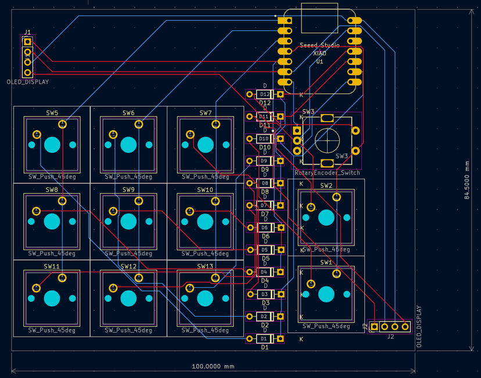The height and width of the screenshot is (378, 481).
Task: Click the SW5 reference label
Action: (x=52, y=113)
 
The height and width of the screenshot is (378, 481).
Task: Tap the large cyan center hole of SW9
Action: (x=128, y=222)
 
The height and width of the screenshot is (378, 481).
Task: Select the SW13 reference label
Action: (x=205, y=266)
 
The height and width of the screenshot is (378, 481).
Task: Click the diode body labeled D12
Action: (x=265, y=94)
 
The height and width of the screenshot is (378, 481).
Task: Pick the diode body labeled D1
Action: (x=264, y=338)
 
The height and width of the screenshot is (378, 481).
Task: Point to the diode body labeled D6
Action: (x=264, y=227)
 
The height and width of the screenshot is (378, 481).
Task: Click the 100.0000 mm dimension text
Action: (x=213, y=366)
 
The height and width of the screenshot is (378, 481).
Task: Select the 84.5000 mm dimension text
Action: (x=467, y=181)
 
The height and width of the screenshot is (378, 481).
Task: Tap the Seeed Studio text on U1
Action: (x=320, y=45)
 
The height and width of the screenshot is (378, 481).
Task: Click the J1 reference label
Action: (x=28, y=33)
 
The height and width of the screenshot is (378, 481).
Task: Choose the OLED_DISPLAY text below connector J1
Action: (x=27, y=82)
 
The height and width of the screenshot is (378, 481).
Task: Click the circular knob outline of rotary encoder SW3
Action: (x=327, y=140)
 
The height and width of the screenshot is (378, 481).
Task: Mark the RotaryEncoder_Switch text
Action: (x=327, y=173)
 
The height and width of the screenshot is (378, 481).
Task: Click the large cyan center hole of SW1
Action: (x=326, y=294)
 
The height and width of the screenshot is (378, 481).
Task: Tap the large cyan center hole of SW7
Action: (x=205, y=145)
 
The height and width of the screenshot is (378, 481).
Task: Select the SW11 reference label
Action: (x=52, y=266)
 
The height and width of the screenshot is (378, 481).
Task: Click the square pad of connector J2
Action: (x=375, y=326)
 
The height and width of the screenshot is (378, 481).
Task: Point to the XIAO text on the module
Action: (x=320, y=53)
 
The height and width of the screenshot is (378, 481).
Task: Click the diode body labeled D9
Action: (x=264, y=161)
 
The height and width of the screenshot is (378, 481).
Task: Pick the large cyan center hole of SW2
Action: (x=326, y=217)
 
